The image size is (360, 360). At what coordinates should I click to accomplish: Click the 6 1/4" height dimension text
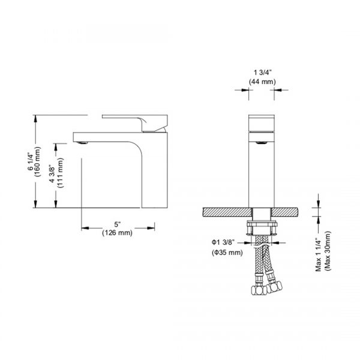[30, 161]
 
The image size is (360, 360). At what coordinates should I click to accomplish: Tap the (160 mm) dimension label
[37, 161]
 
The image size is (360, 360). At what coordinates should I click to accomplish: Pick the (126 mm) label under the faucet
[116, 233]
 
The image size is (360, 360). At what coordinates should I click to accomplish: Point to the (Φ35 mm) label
[227, 253]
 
